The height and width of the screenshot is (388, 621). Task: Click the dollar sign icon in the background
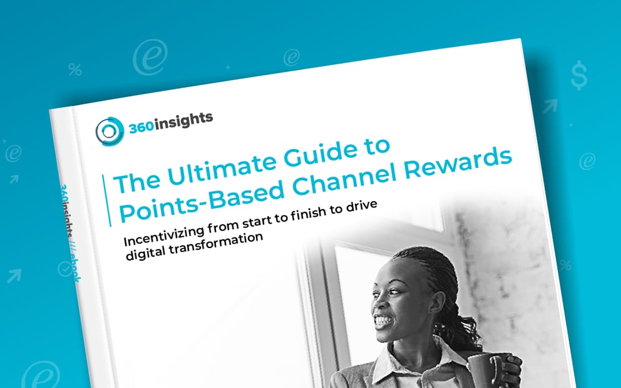(x=578, y=75)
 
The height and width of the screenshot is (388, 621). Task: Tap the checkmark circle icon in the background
(x=64, y=269)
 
